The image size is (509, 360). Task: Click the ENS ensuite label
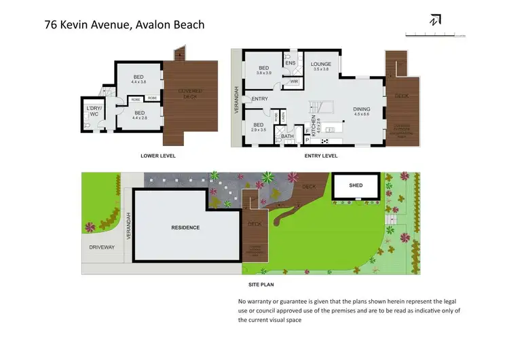(290, 63)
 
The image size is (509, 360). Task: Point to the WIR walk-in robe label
(294, 82)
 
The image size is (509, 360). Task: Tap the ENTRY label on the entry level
(259, 99)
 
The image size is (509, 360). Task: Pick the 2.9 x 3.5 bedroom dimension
(259, 129)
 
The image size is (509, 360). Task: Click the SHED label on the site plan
(356, 185)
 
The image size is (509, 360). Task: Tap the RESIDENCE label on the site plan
(185, 228)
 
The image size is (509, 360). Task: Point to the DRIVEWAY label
(102, 247)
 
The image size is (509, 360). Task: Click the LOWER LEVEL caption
(158, 156)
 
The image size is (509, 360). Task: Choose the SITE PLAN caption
(261, 285)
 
